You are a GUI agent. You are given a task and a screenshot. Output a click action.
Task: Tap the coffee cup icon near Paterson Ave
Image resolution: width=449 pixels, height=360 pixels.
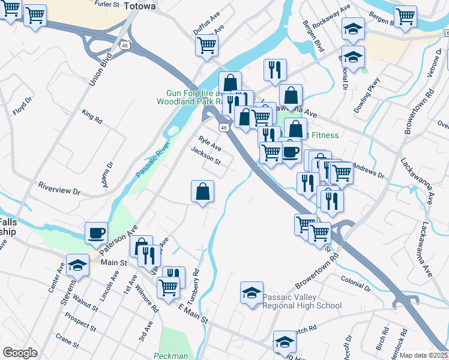(96, 233)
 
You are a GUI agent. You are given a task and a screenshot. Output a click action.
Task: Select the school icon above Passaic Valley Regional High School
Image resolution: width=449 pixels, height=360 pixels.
(252, 293)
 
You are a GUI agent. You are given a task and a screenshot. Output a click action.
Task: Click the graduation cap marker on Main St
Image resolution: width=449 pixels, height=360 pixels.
(78, 266)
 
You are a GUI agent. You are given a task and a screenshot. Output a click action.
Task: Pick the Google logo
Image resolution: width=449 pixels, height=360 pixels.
(20, 353)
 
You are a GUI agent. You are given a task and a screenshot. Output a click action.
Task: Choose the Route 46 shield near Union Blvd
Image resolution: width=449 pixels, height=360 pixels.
(124, 44)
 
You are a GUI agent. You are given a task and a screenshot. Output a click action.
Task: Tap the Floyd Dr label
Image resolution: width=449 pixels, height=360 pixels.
(23, 106)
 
